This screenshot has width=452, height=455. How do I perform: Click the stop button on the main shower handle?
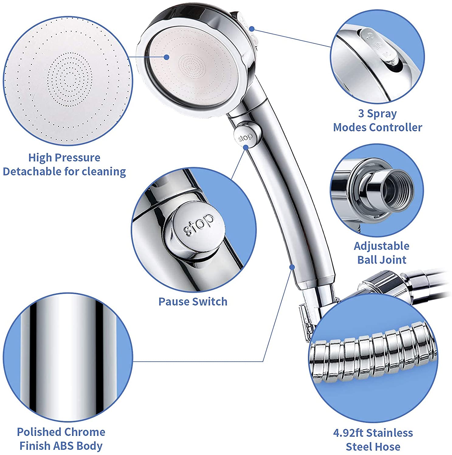245,137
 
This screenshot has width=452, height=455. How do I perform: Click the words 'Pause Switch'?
193,302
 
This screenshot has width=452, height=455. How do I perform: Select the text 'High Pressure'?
64,158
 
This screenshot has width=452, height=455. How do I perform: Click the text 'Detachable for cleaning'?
64,172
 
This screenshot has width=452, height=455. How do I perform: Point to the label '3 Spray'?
377,114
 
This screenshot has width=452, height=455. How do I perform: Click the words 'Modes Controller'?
377,127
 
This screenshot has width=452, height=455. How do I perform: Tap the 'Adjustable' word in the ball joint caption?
381,246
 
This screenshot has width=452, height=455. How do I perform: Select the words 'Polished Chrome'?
61,432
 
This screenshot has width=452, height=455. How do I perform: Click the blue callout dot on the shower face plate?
166,57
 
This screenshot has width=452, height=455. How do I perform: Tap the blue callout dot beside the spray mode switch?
252,29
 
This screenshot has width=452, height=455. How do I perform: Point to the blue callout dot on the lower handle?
292,267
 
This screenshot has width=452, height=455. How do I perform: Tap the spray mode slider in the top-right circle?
378,45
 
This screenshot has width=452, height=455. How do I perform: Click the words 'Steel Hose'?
373,447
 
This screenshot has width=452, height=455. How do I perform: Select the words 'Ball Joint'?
381,260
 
